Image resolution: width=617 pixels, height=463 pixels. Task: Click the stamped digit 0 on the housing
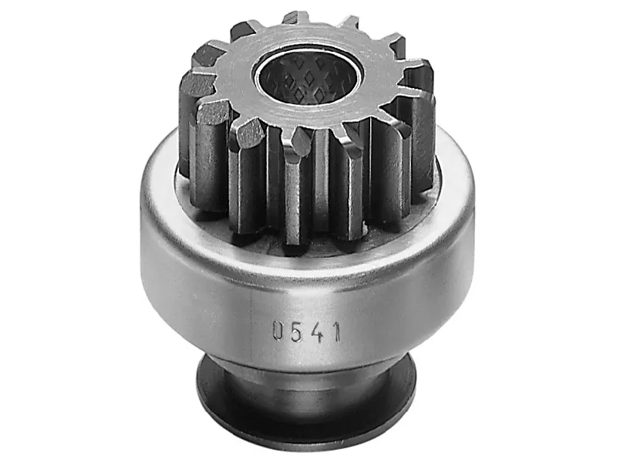(278, 330)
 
